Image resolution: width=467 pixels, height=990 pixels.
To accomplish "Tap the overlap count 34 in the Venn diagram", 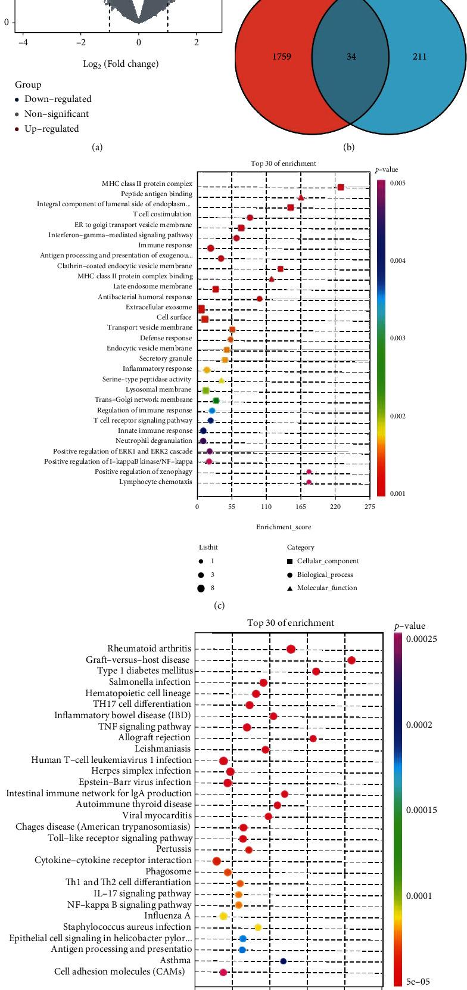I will coord(351,57).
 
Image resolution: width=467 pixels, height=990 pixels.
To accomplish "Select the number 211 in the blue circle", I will coord(419,57).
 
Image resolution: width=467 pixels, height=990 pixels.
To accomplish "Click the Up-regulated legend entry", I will coord(51,129).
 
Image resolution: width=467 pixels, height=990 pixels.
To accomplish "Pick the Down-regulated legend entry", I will coord(57,99).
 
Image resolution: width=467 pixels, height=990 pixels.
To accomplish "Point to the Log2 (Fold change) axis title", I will coord(121,64).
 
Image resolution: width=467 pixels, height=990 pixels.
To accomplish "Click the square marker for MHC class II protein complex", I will coord(341,187).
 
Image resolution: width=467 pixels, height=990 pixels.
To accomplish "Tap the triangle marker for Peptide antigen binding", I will coord(301,197).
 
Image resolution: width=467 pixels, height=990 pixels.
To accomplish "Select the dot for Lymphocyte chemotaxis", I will coord(309,482).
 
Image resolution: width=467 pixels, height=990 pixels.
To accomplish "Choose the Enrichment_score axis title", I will coord(284,527).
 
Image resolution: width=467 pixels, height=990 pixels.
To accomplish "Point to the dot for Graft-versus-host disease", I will coord(351,660).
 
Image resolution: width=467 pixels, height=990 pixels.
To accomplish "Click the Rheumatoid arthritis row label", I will coord(150,648).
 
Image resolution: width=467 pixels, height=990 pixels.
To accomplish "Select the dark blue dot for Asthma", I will coord(284,961).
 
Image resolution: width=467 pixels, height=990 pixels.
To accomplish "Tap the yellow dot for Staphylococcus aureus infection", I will coord(258,927).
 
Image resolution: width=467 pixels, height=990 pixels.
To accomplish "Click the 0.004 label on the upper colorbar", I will coord(398,260).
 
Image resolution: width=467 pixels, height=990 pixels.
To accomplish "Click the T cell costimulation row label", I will coord(162,214).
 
